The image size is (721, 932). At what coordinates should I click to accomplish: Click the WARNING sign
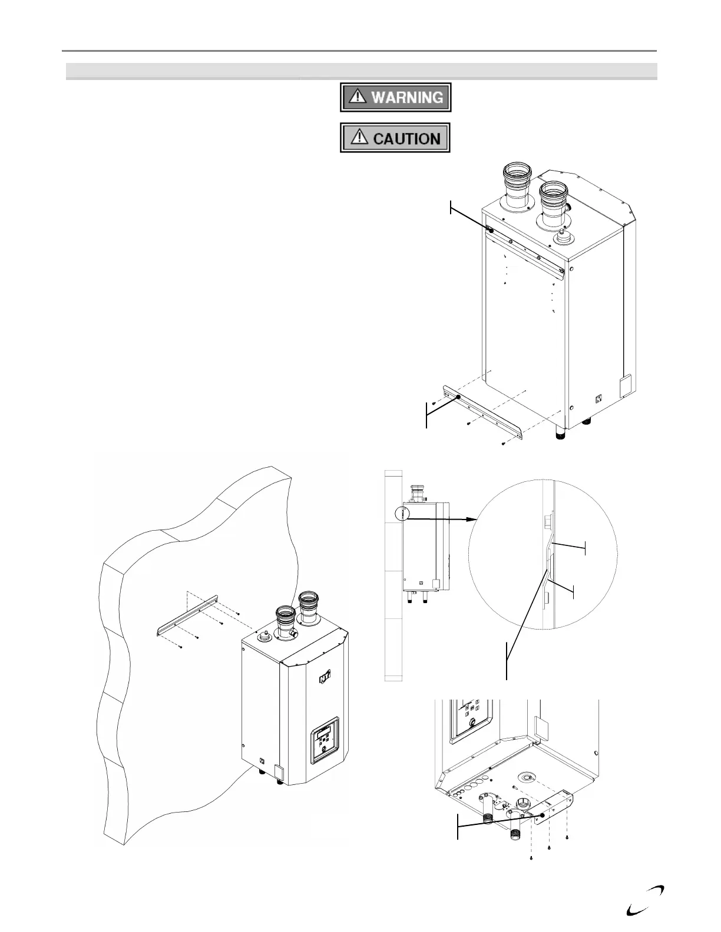click(395, 97)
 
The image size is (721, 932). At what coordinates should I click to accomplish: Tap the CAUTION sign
click(395, 138)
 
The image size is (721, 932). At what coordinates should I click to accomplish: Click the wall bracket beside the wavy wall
click(187, 615)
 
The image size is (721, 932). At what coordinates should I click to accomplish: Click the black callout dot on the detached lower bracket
click(458, 398)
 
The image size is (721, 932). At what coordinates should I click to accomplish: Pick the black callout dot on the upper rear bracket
click(491, 231)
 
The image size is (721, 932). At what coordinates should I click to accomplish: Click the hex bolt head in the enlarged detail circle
click(547, 522)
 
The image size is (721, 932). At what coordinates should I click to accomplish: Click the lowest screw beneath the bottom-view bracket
click(532, 858)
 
